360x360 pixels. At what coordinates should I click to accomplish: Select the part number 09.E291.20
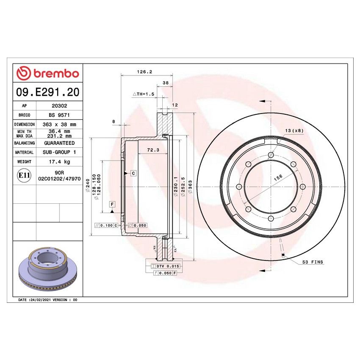pos(47,92)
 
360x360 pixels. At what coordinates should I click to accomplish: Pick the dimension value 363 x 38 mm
pos(59,125)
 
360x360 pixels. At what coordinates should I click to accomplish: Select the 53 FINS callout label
pos(313,262)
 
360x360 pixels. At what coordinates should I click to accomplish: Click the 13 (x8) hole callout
pos(294,131)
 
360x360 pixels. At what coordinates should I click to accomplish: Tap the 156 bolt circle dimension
pos(278,178)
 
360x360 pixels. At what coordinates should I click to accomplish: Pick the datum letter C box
pos(133,173)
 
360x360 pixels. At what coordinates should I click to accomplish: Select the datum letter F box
pos(112,204)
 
